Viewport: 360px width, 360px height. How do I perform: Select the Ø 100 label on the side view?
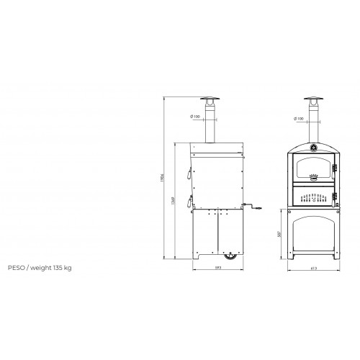click(195, 117)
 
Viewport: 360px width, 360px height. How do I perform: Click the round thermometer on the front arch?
click(313, 148)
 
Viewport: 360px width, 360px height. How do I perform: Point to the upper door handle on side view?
click(187, 174)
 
